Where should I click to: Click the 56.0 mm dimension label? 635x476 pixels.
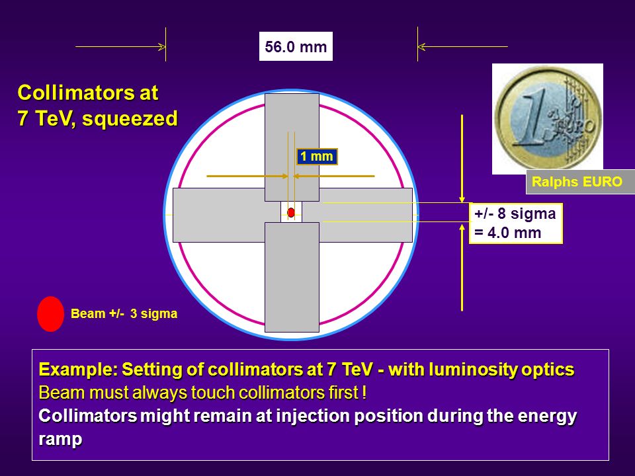tap(296, 46)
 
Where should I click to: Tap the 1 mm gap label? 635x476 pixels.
tap(317, 157)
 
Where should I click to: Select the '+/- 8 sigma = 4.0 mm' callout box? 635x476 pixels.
tap(515, 223)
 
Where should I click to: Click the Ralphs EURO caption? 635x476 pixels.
tap(577, 182)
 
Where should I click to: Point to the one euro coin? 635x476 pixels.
tap(548, 118)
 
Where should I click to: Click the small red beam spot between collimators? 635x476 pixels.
tap(291, 212)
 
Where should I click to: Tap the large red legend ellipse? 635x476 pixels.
tap(51, 314)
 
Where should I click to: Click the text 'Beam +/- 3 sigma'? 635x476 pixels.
tap(124, 313)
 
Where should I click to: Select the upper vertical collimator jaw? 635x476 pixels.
tap(292, 147)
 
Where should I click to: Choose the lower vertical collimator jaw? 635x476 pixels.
tap(292, 277)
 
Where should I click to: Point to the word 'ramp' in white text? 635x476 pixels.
tap(60, 440)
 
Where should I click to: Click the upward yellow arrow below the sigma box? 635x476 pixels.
tap(462, 267)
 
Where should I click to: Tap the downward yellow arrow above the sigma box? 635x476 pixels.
tap(462, 159)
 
